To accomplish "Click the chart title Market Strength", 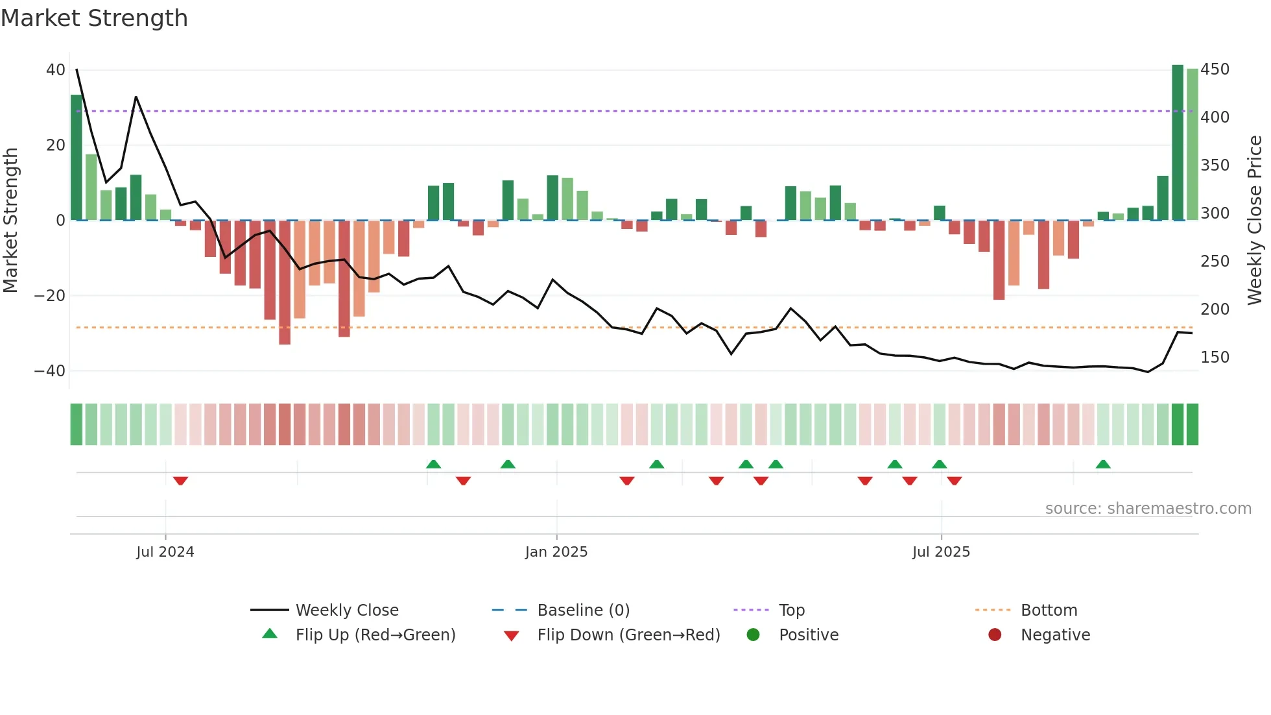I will point(94,18).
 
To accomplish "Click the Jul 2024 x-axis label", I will point(165,552).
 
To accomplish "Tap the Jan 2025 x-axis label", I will point(556,552).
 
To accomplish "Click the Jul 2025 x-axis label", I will point(941,552).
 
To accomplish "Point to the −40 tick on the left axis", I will point(49,371).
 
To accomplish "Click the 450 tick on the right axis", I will point(1215,69).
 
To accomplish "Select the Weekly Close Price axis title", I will point(1255,221).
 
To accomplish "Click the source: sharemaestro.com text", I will point(1148,509).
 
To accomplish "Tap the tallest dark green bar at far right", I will point(1178,143).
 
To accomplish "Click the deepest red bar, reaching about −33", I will point(285,282).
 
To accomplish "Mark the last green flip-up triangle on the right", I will point(1103,464).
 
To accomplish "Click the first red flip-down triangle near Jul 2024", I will point(180,481).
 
